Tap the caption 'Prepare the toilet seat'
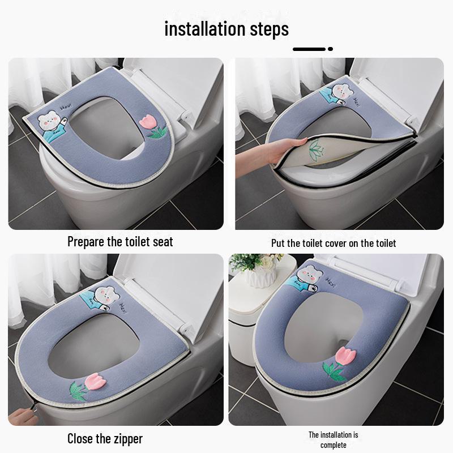[x=120, y=242]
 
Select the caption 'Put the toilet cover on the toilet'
[x=334, y=243]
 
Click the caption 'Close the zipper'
[x=105, y=438]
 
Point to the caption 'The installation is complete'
[x=333, y=439]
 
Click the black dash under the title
[x=309, y=49]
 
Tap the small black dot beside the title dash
[x=330, y=49]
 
